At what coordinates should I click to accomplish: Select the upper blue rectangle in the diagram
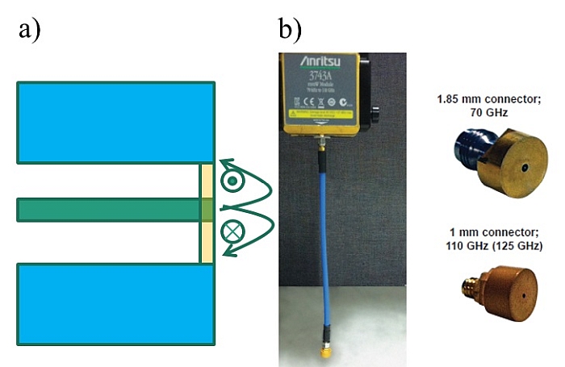(x=115, y=121)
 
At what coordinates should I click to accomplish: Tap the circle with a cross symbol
(x=233, y=231)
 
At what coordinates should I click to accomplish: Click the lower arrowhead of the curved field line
(x=230, y=253)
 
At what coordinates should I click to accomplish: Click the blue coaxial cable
(x=322, y=242)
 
